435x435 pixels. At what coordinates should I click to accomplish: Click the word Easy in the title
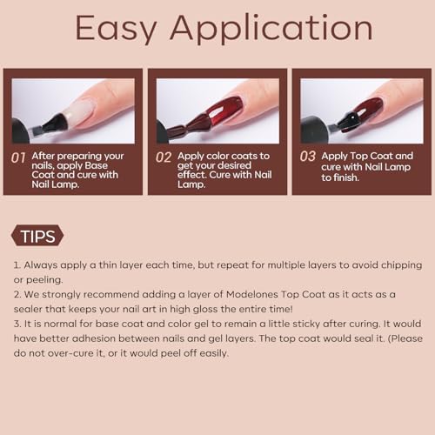pyautogui.click(x=116, y=29)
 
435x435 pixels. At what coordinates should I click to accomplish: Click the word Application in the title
pyautogui.click(x=271, y=29)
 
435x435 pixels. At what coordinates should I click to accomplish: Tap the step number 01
pyautogui.click(x=18, y=158)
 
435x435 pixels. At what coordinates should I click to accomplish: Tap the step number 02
pyautogui.click(x=164, y=157)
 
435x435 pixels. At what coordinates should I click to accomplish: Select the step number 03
pyautogui.click(x=308, y=157)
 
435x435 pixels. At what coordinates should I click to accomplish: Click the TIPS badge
pyautogui.click(x=37, y=236)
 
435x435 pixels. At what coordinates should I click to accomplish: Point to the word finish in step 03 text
pyautogui.click(x=346, y=177)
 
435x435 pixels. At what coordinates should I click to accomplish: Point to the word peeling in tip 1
pyautogui.click(x=44, y=280)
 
